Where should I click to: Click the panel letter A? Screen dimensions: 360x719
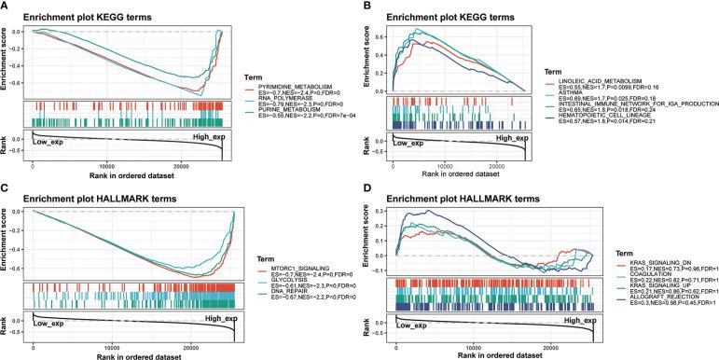click(7, 6)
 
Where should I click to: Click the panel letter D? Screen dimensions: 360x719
click(366, 186)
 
